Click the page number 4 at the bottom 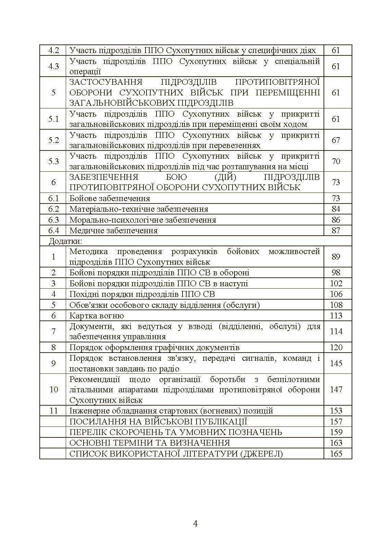(x=195, y=524)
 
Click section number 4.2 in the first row (x=53, y=50)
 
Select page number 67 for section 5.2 (x=336, y=140)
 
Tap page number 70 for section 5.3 (x=336, y=161)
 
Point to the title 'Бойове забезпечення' (x=110, y=198)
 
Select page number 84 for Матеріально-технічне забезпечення (x=336, y=209)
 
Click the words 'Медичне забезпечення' (x=113, y=231)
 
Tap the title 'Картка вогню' (x=97, y=316)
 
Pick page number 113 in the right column (x=336, y=316)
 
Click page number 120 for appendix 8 (x=336, y=347)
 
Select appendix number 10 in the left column (x=53, y=390)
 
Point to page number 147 (x=336, y=390)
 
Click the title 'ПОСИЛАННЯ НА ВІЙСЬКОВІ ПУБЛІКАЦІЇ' (x=158, y=422)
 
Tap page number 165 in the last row (x=336, y=454)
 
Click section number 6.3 (x=53, y=220)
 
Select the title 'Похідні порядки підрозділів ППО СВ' (x=142, y=294)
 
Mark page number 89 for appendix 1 (x=336, y=257)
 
